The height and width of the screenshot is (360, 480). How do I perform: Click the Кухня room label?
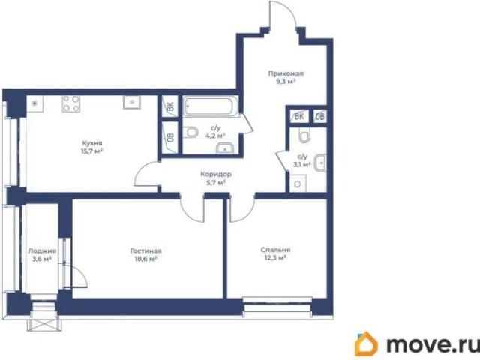[x=92, y=143]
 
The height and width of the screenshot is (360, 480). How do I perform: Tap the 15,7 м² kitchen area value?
[x=91, y=151]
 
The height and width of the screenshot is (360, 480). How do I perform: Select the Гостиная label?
[x=145, y=250]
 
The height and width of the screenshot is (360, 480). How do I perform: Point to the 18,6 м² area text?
[x=145, y=259]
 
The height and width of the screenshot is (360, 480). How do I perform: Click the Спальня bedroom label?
[x=275, y=250]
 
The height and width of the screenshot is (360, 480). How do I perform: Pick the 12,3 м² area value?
[x=275, y=258]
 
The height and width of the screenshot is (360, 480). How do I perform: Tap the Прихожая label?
[x=286, y=73]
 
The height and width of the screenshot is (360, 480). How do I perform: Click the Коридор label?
[x=216, y=175]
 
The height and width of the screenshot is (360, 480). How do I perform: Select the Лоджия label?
[x=42, y=251]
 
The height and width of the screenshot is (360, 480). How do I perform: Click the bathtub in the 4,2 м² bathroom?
[x=211, y=106]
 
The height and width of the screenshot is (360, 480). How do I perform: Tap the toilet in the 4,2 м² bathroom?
[x=190, y=133]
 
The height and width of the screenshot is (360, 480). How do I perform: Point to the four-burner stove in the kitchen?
[x=71, y=103]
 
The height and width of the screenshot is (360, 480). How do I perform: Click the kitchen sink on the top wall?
[x=132, y=102]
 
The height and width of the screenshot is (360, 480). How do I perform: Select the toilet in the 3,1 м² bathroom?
[x=304, y=135]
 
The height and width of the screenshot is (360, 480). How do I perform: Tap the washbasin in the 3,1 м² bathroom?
[x=320, y=163]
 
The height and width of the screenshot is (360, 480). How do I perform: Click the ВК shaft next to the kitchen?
[x=170, y=106]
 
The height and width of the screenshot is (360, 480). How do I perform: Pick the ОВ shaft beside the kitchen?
[x=170, y=137]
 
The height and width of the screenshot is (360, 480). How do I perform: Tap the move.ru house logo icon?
[x=366, y=343]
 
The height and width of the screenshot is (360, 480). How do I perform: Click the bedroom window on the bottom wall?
[x=277, y=304]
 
